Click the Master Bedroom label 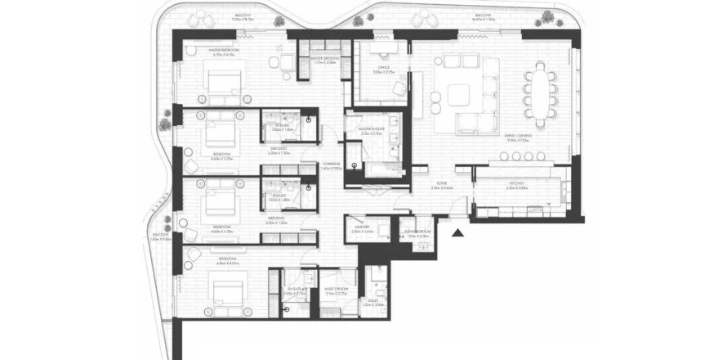point(222,51)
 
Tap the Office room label point(383,67)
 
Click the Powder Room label point(417,232)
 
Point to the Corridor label point(331,164)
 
